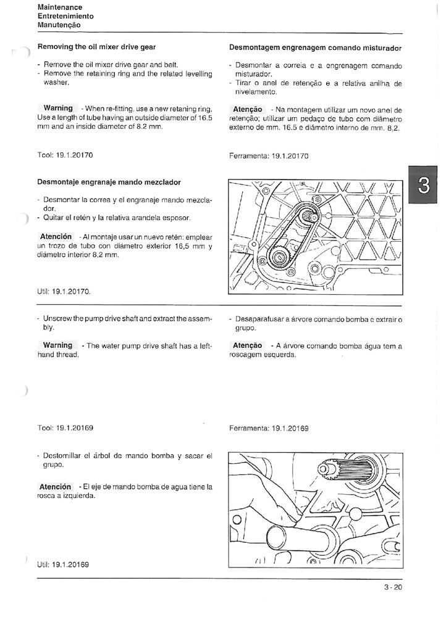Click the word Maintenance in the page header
tap(59, 7)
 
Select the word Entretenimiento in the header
tap(65, 16)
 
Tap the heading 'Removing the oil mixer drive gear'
tap(96, 47)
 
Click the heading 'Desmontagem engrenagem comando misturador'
tap(315, 47)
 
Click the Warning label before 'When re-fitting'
tap(57, 108)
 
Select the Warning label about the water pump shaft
tap(57, 345)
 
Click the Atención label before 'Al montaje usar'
tap(56, 237)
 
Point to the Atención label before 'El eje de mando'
tap(56, 487)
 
